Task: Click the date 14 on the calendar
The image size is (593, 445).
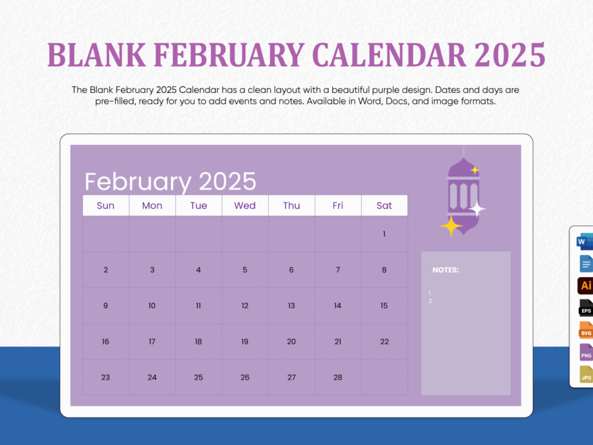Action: pos(338,305)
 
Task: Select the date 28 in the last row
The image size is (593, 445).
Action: pos(338,378)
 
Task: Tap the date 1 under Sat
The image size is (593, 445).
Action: pos(384,234)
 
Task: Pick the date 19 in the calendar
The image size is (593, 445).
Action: pos(245,342)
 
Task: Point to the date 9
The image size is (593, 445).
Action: pos(105,305)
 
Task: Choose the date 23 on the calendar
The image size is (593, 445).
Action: pos(105,378)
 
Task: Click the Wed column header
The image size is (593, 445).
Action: pos(245,206)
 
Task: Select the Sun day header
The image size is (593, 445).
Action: pos(105,206)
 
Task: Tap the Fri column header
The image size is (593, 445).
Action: pos(338,206)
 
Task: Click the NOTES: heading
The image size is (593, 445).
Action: pos(445,270)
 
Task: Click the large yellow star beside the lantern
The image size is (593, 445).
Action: pos(450,226)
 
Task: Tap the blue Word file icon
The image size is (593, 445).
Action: pos(584,241)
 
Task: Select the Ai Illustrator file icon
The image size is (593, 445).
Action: pos(586,286)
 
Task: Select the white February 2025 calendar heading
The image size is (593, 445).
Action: pos(170,181)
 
